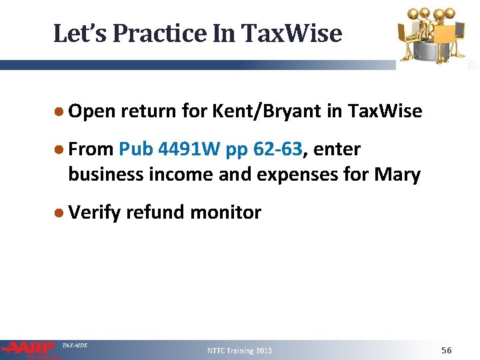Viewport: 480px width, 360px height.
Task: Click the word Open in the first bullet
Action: [92, 111]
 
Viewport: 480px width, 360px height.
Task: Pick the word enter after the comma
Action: [337, 149]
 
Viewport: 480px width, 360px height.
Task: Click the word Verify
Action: [94, 213]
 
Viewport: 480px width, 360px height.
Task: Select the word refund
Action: [155, 213]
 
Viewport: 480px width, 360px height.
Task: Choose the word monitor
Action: [226, 213]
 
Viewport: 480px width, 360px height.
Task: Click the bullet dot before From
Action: [59, 150]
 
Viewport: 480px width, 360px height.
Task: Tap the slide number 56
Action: [446, 350]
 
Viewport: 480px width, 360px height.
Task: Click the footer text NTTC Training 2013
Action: [239, 351]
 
